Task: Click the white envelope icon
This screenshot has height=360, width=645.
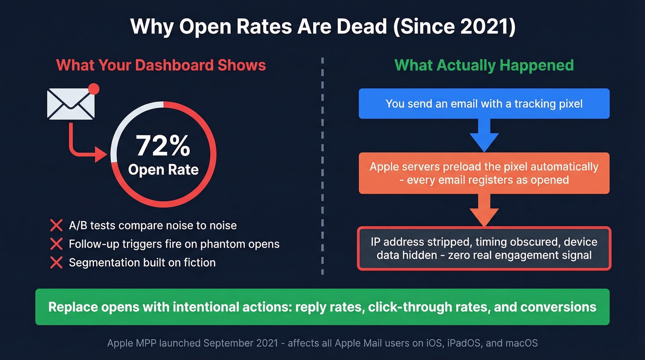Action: pos(70,104)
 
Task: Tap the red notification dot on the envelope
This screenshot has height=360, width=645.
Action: pos(94,89)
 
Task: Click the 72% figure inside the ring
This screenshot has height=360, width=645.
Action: pos(163,146)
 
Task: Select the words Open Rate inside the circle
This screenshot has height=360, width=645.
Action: pos(163,170)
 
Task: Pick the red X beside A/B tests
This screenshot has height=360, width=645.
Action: pos(56,226)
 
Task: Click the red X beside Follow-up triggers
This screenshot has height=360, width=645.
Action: pos(56,244)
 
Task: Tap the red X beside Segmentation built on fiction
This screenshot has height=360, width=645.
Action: pos(56,263)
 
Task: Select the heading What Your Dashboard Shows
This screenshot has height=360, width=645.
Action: pos(161,65)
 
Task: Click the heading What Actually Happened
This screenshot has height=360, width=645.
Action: pos(484,65)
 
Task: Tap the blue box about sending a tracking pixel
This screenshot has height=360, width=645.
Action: pos(484,104)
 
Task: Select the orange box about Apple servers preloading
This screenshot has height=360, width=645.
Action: pos(484,173)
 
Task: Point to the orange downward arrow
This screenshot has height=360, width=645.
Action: pos(484,210)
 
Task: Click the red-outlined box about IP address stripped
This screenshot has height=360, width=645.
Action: pos(484,248)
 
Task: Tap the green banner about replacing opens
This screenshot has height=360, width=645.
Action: pos(322,307)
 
